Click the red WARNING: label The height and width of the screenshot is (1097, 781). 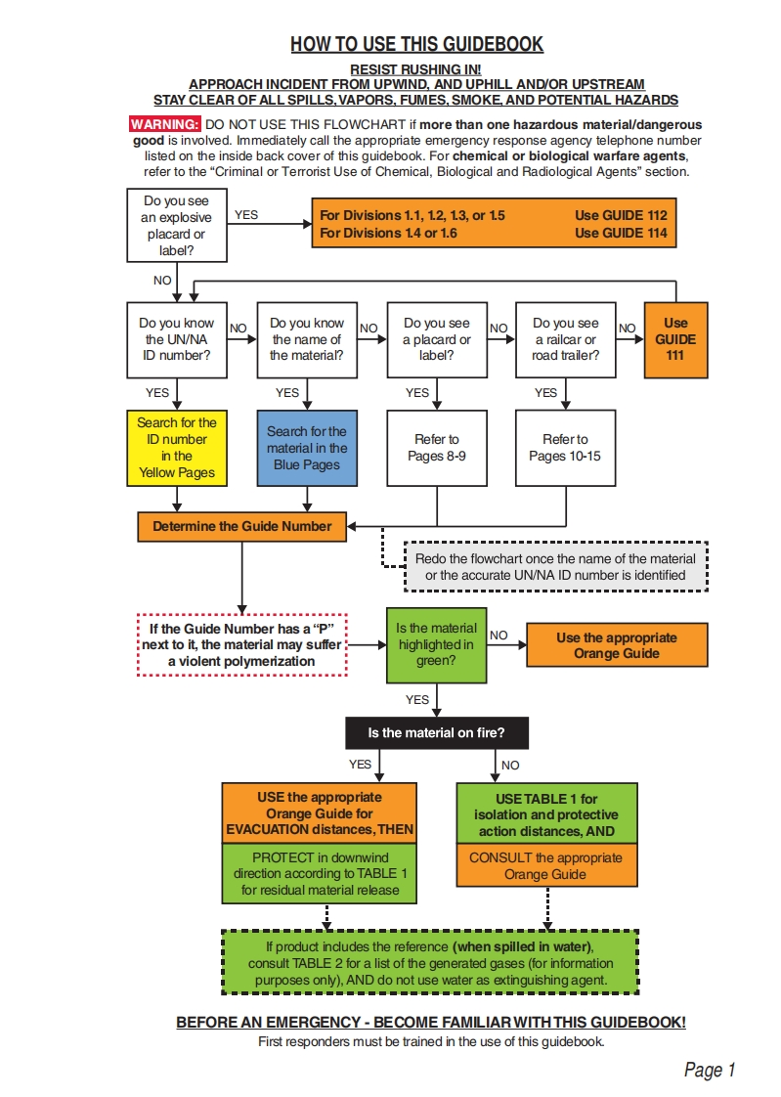[165, 125]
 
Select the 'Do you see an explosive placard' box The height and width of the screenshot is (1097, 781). [176, 226]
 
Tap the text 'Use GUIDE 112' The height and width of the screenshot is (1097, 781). [621, 215]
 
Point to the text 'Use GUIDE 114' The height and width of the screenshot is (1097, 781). [621, 233]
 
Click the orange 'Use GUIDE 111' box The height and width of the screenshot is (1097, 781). [675, 339]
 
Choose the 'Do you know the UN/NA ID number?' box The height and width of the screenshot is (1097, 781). [176, 339]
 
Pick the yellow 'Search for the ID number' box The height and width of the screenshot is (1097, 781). [176, 448]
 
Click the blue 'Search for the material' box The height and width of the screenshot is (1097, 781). [306, 448]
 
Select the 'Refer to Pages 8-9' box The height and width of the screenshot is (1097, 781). [436, 448]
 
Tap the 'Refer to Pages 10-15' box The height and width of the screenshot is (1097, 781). [565, 448]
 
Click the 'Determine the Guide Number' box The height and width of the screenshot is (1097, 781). [241, 526]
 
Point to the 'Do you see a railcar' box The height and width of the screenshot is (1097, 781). [565, 339]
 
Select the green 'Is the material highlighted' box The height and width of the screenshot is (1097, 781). [436, 644]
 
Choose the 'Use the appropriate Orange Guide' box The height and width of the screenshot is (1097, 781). [616, 645]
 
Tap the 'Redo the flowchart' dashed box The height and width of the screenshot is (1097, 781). [555, 567]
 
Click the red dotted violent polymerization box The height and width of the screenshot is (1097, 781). [241, 645]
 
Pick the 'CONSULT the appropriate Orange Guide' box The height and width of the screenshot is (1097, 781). [545, 865]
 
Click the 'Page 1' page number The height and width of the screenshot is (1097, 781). [709, 1071]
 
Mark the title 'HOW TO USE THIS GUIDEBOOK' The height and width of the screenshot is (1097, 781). [416, 44]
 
